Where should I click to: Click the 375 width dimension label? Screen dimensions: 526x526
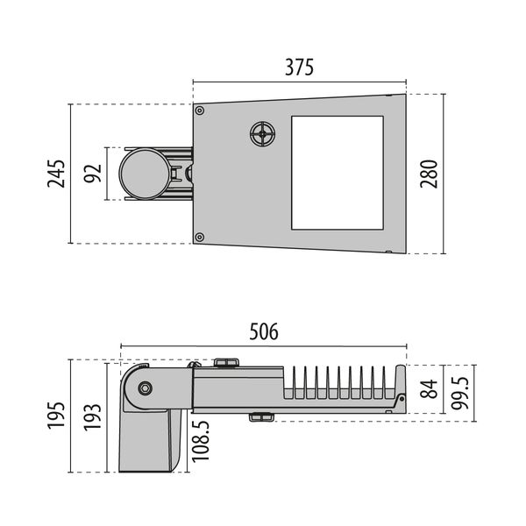[299, 67]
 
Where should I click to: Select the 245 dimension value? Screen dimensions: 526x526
[56, 174]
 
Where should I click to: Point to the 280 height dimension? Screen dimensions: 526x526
[427, 174]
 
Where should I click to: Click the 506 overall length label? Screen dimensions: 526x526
[263, 331]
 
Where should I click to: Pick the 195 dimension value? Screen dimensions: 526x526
[56, 416]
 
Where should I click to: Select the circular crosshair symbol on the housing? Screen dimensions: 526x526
[261, 134]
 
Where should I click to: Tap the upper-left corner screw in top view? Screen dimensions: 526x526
[200, 111]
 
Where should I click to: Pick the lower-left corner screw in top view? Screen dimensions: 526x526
[200, 237]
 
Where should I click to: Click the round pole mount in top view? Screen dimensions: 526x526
[144, 174]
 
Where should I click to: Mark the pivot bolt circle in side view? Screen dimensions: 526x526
[144, 387]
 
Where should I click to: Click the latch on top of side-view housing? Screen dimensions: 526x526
[227, 361]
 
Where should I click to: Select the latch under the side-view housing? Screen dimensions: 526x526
[259, 416]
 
